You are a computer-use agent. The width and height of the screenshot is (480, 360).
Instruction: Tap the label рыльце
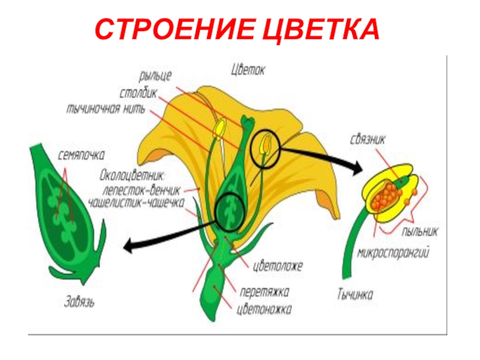(155, 76)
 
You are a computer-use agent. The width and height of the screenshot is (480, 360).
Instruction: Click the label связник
(367, 139)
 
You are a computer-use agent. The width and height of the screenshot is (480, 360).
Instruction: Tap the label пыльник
(420, 230)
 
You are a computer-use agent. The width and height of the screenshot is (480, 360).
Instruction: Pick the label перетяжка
(264, 293)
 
